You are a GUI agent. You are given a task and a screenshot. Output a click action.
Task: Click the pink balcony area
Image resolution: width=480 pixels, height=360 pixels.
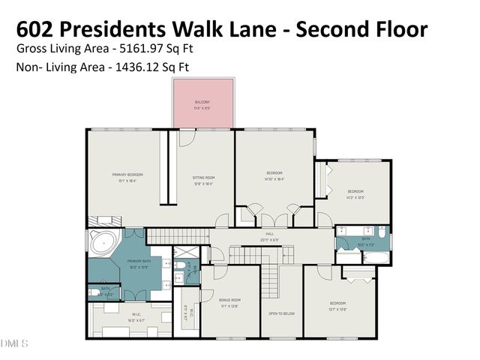[203, 104]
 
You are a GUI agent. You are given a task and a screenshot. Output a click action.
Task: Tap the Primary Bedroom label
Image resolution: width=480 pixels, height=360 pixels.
[127, 178]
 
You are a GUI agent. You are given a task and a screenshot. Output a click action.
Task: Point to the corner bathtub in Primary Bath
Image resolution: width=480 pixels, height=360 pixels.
[103, 244]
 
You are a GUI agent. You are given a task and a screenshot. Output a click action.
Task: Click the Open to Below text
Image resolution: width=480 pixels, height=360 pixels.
[280, 313]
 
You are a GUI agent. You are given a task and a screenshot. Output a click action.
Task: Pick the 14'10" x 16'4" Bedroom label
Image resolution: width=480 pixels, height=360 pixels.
[274, 177]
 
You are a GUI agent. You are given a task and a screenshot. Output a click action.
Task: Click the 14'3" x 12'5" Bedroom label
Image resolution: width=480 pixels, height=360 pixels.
[355, 194]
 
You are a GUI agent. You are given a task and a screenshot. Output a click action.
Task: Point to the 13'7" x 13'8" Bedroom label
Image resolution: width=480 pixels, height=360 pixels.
[337, 307]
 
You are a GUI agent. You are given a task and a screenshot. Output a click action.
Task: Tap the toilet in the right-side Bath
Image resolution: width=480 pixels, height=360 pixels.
[381, 241]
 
